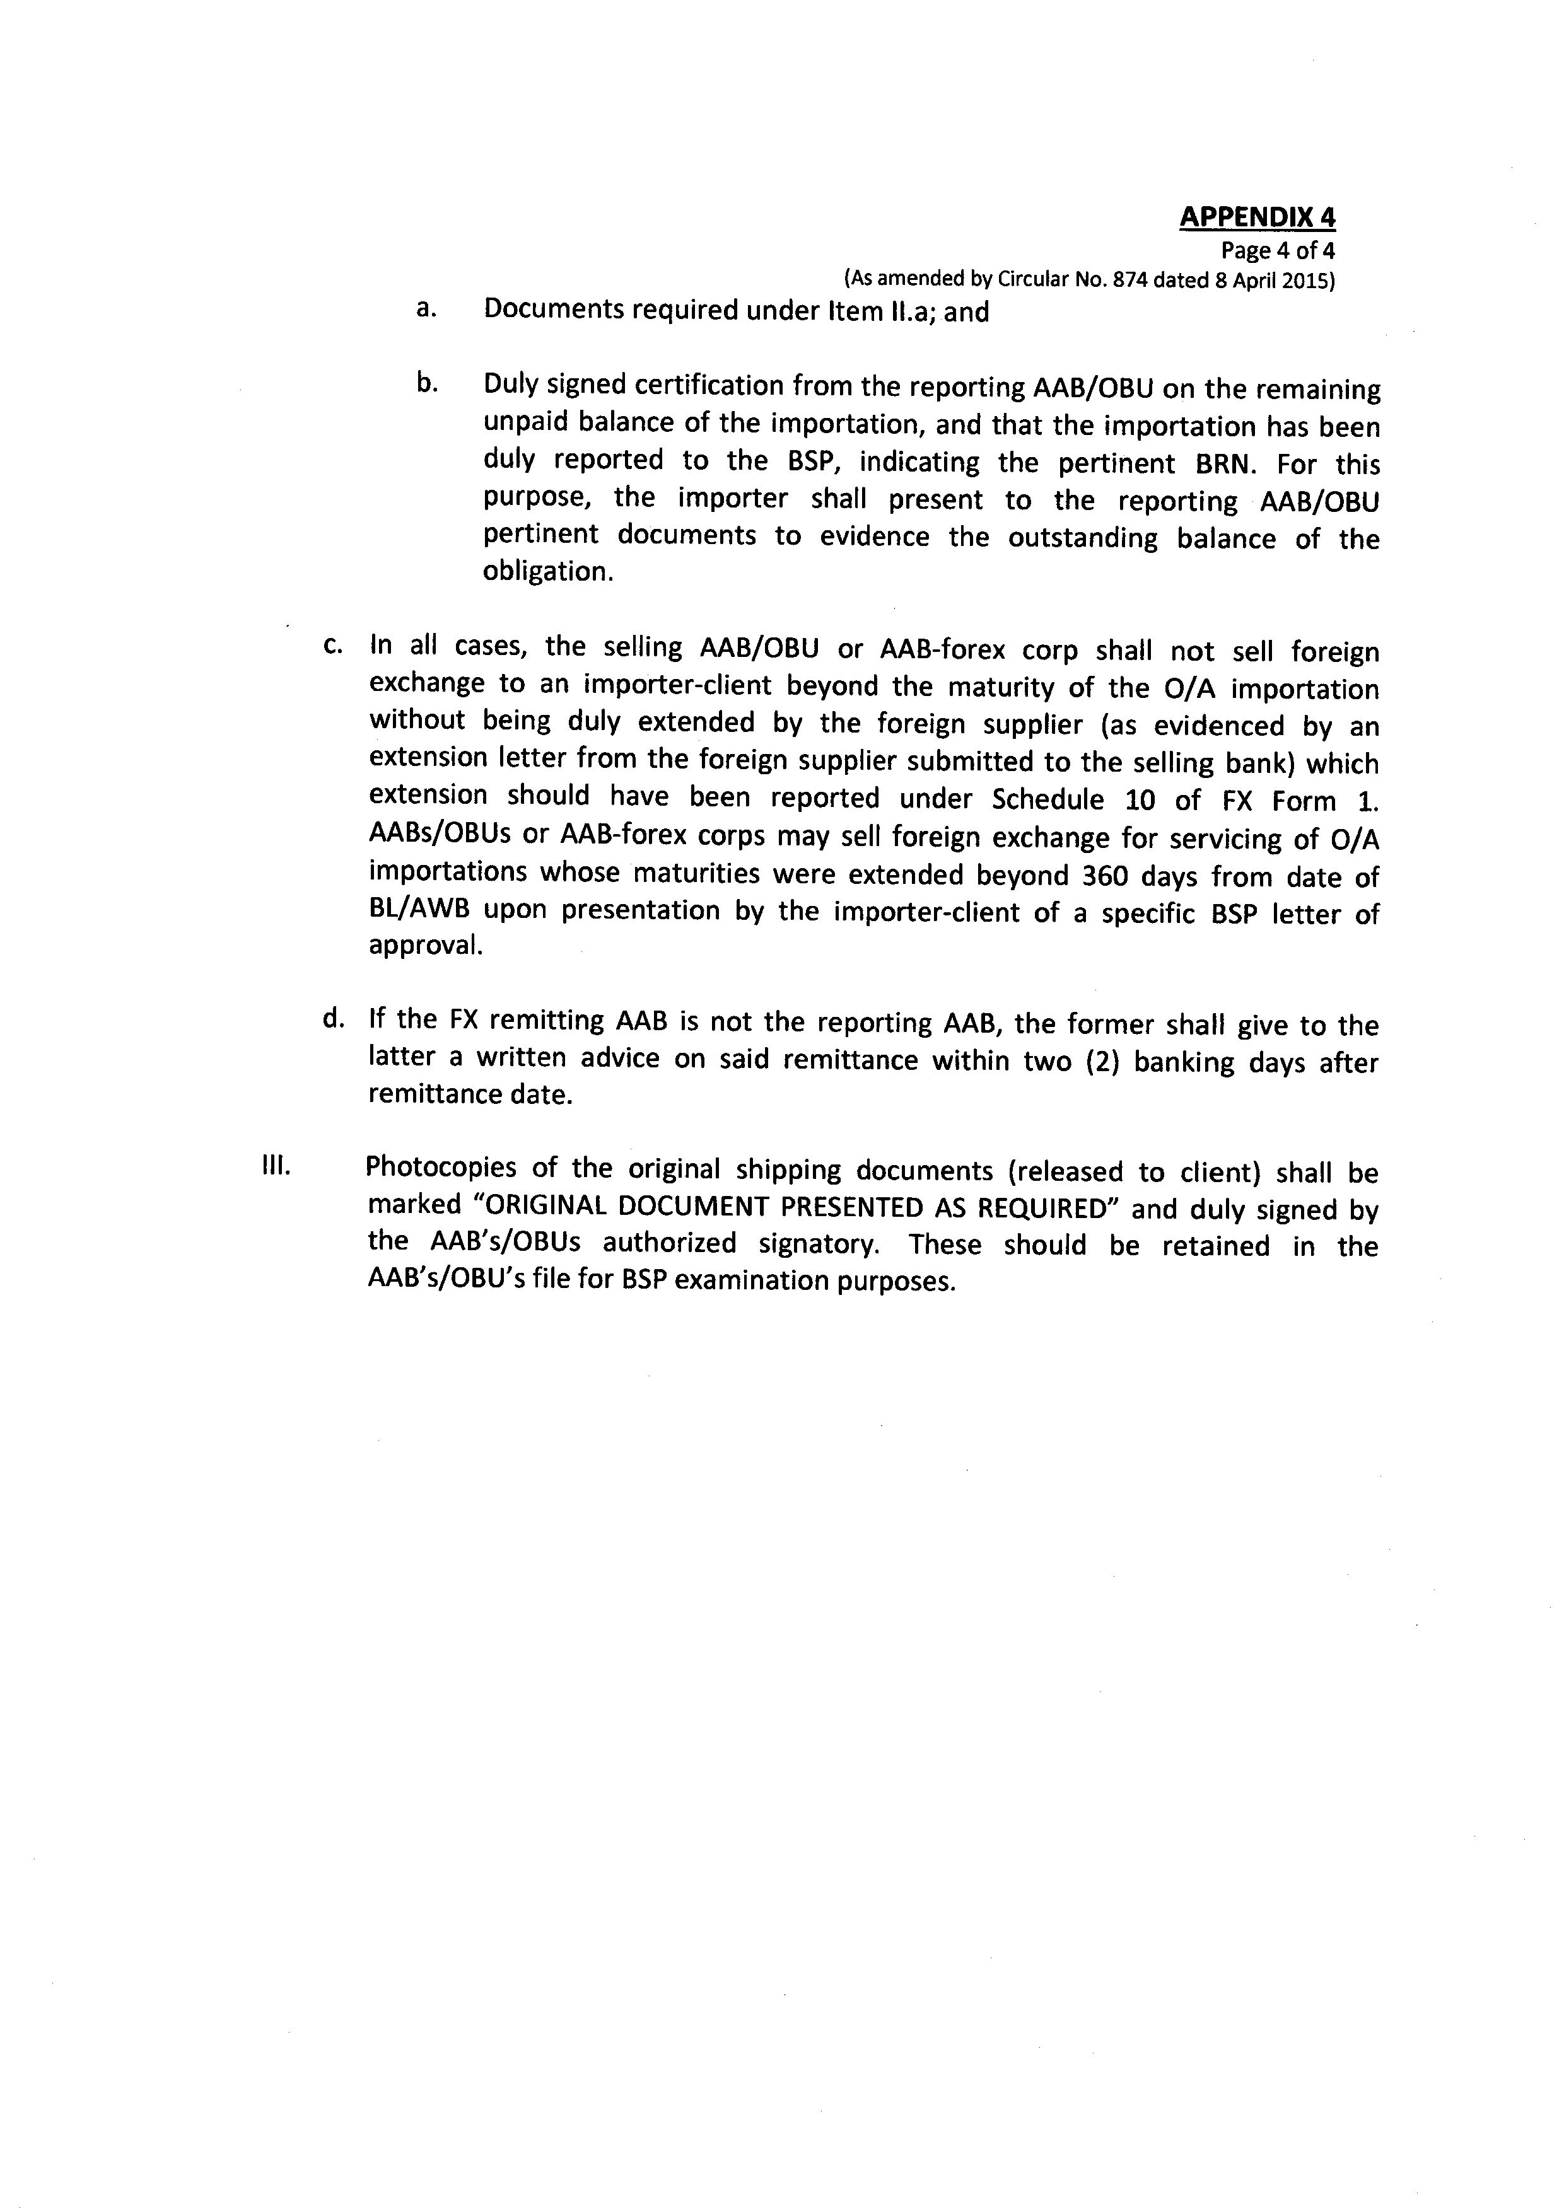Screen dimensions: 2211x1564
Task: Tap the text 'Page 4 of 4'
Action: pos(1277,252)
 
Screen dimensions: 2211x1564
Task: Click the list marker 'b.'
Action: pos(427,384)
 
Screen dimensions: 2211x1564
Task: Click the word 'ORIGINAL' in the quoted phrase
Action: pos(556,1207)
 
